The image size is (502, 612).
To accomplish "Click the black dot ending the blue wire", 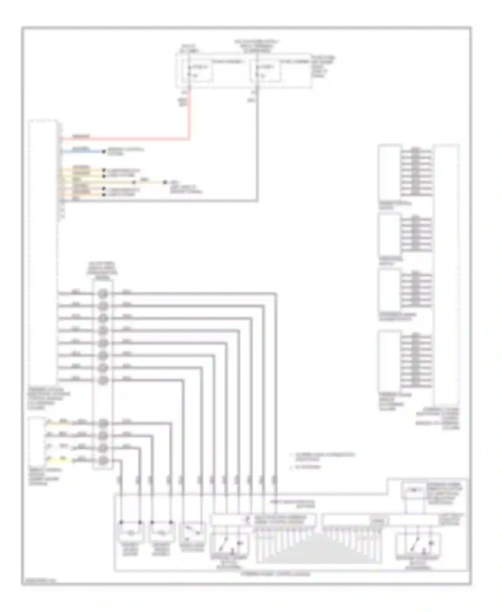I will pyautogui.click(x=104, y=152).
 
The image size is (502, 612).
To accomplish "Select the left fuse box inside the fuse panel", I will pyautogui.click(x=200, y=71).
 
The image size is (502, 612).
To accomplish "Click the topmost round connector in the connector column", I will pyautogui.click(x=103, y=294).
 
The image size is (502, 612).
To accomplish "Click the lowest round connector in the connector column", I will pyautogui.click(x=103, y=461).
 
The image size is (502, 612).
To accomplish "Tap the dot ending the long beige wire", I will pyautogui.click(x=165, y=182).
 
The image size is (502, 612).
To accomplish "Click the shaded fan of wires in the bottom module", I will pyautogui.click(x=318, y=549).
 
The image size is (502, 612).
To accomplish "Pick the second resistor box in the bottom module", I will pyautogui.click(x=161, y=532).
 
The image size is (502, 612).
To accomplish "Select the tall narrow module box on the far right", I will pyautogui.click(x=446, y=275).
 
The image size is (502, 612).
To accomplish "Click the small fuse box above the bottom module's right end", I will pyautogui.click(x=414, y=491).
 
